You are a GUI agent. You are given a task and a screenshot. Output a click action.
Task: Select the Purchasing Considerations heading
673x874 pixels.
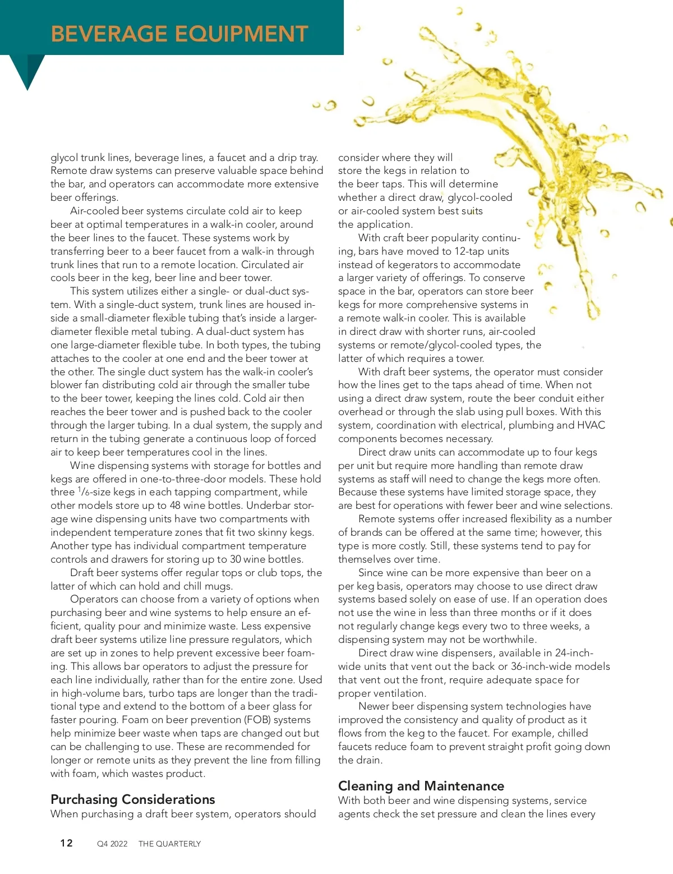[133, 799]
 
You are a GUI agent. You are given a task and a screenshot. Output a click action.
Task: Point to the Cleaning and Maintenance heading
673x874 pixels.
[421, 786]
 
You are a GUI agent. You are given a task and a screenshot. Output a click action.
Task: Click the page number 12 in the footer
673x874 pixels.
[67, 843]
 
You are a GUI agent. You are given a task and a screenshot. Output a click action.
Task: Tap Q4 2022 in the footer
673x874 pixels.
[112, 844]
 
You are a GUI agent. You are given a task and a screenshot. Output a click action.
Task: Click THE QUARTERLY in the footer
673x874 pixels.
[169, 844]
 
